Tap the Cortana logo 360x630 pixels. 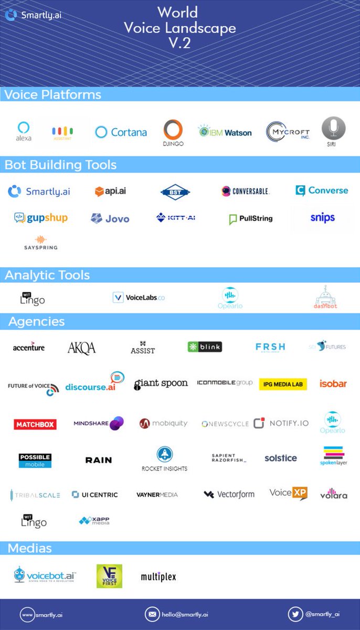121,132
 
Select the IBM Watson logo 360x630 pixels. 225,132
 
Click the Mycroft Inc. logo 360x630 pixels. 288,132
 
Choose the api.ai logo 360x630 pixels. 110,192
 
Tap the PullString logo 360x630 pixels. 251,218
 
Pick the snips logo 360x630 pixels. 322,217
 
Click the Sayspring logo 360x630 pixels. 40,243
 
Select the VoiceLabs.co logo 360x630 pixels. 139,297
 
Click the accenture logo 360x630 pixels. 29,347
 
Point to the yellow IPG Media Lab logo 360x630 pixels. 283,384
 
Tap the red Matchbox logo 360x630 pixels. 35,424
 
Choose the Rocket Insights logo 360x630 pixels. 164,459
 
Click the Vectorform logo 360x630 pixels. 229,494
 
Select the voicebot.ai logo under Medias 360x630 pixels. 45,575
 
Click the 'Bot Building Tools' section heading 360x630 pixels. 60,164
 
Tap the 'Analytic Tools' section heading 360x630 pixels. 47,275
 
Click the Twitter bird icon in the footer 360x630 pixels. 295,614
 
